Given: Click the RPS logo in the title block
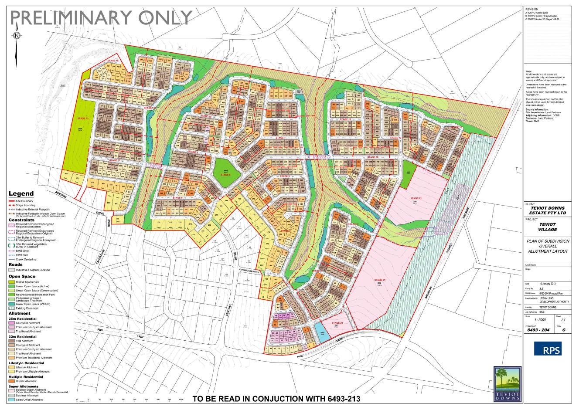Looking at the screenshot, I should (548, 349).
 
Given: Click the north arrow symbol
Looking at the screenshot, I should (17, 36).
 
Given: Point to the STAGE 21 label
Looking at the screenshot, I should (380, 280).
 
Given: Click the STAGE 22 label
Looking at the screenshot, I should (416, 198).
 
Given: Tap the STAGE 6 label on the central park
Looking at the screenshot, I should (225, 174).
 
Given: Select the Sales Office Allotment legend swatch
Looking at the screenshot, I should (12, 400).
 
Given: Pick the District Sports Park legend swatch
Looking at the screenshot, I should (12, 282).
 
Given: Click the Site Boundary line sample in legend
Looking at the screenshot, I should (12, 201).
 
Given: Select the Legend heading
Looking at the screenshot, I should (21, 193).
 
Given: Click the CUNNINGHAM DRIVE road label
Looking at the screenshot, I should (249, 271).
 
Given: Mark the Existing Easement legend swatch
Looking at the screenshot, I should (12, 308).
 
